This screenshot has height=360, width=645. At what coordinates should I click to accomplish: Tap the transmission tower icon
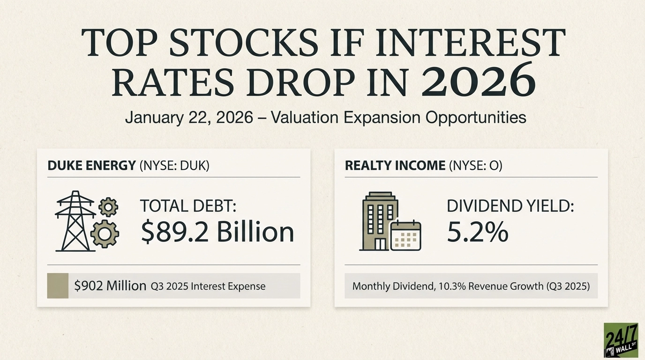click(75, 222)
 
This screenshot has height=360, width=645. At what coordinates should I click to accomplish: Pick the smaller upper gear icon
click(109, 206)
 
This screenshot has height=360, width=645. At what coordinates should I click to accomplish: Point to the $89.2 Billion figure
click(217, 232)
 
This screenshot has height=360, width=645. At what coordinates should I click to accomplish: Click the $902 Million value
click(110, 285)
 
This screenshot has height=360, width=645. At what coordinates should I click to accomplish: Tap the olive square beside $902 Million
click(58, 285)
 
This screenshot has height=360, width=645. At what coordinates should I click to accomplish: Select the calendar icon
click(405, 235)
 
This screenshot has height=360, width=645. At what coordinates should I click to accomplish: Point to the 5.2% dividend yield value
click(477, 232)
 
